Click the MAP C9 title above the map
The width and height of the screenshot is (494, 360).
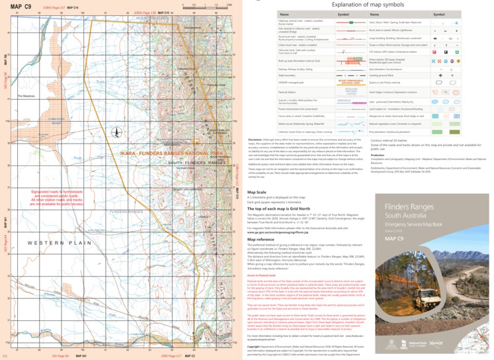(x=23, y=6)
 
